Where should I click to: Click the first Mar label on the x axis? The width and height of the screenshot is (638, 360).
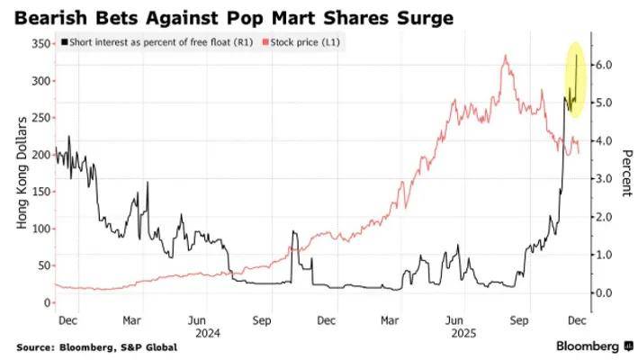(131, 319)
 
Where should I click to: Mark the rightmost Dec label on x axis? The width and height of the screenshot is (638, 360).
(577, 319)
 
